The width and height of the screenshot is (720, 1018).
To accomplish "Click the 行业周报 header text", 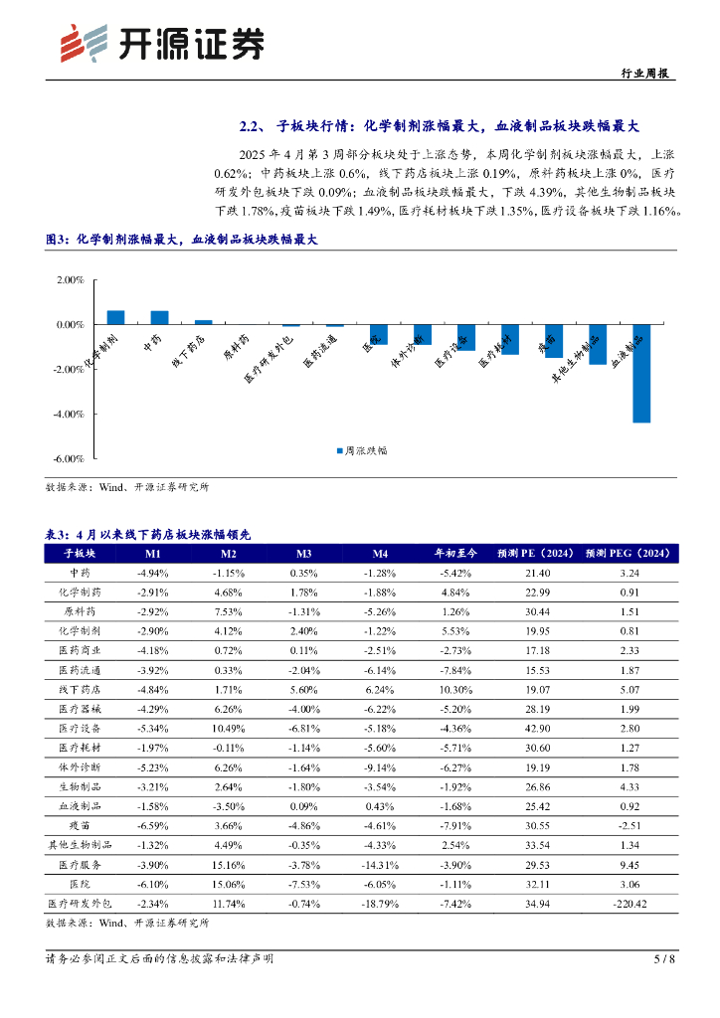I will pos(643,74).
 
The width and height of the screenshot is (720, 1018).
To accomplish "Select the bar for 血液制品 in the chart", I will pos(641,373).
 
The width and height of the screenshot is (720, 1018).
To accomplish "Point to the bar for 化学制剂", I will pos(115,317).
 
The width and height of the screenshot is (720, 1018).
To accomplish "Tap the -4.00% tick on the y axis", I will pos(70,414).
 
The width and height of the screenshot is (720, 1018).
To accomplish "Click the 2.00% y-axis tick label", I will pos(70,280).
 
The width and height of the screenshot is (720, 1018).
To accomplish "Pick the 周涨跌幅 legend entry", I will pos(361,450).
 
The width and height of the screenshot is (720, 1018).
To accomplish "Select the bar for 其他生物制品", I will pos(598,344).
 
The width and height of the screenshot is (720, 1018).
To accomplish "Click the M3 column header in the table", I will pos(304,554).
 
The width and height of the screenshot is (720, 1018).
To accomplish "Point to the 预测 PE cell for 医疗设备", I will pos(537,727).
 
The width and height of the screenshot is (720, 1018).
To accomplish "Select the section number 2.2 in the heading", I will pos(251,126).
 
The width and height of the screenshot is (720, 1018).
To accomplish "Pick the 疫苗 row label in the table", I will pos(79,822).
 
